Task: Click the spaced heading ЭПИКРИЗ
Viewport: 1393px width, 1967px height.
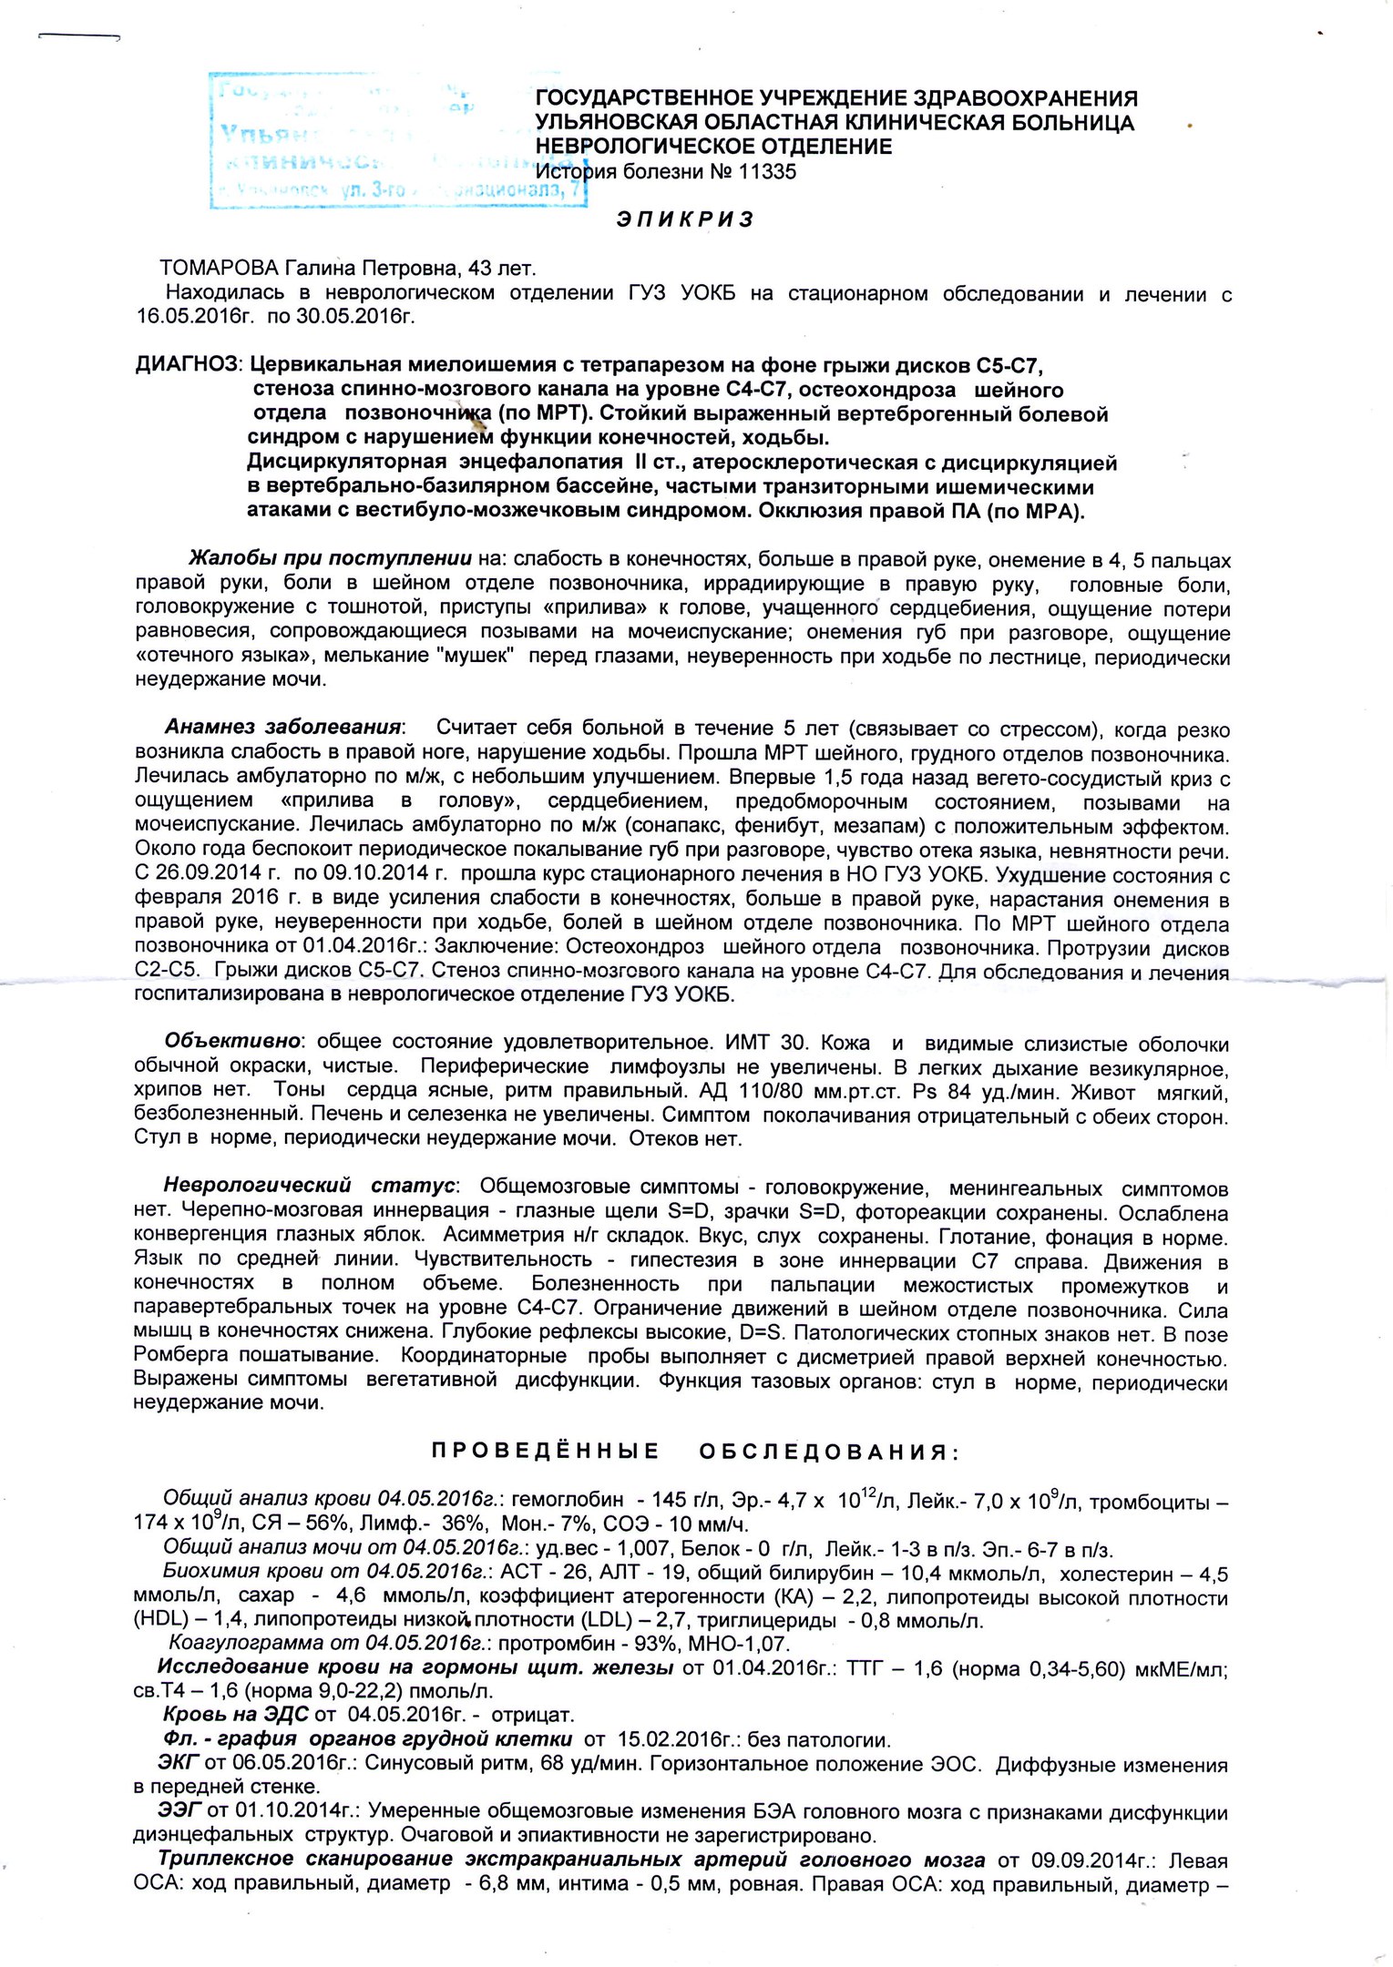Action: click(684, 219)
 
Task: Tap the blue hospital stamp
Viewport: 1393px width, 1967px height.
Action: click(398, 141)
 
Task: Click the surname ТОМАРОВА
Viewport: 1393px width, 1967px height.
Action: click(216, 268)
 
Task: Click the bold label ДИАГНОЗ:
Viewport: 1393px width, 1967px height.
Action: click(188, 365)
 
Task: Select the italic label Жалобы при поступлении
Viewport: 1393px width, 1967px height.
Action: click(329, 558)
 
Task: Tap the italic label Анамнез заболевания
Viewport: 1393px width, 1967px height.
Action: click(283, 728)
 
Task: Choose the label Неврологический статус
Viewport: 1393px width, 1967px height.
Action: click(308, 1186)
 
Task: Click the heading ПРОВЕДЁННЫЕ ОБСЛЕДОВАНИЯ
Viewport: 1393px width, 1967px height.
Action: click(694, 1452)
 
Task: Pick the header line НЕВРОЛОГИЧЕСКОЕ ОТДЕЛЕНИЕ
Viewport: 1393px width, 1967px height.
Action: click(713, 147)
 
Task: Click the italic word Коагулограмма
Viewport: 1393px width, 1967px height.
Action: click(246, 1644)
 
